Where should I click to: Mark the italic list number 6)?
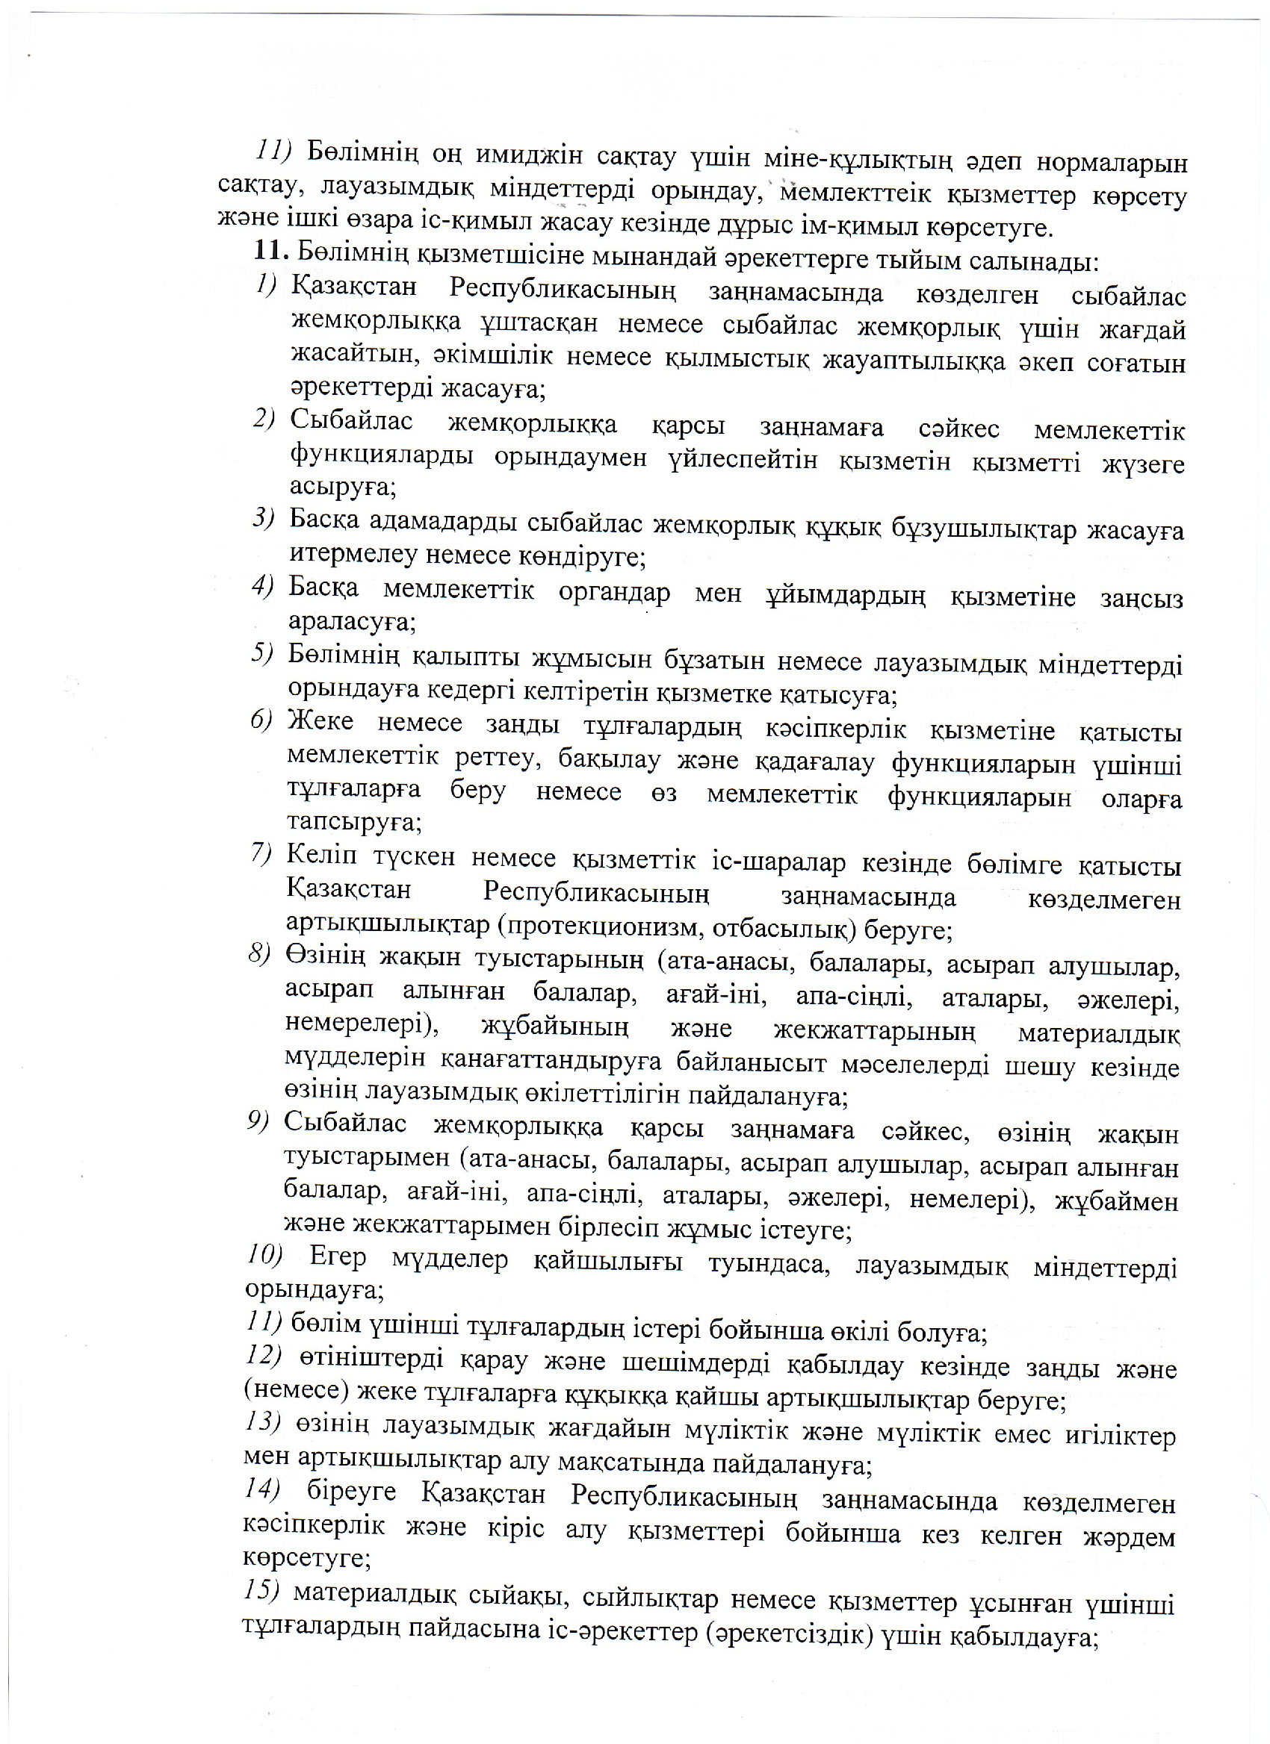point(261,720)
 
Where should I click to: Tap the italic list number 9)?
point(258,1121)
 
